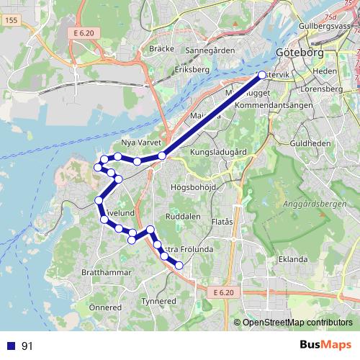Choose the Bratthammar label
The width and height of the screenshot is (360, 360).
click(x=106, y=273)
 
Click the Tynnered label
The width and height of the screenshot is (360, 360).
click(x=158, y=301)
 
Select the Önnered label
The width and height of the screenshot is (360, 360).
click(x=104, y=307)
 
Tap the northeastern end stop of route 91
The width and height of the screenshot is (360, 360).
click(x=261, y=74)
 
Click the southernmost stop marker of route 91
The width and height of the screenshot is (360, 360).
click(x=179, y=266)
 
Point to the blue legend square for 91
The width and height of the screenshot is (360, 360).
click(x=11, y=346)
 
